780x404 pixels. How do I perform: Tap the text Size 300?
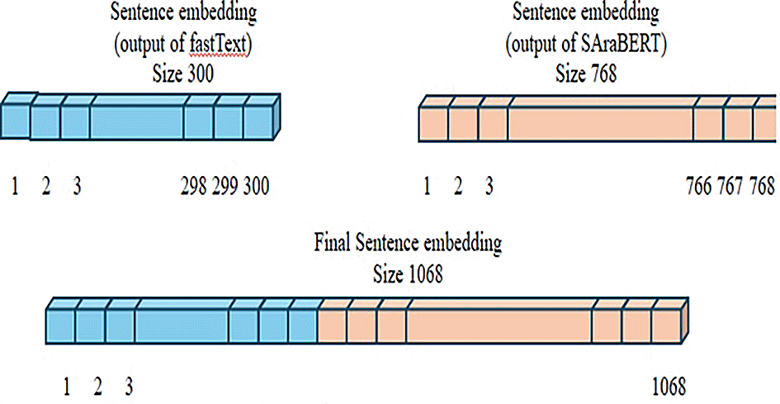pos(183,74)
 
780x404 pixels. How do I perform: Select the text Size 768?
pos(587,74)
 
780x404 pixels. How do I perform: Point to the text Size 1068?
pos(408,274)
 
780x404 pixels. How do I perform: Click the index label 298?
pos(194,187)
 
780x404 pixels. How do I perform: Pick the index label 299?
pos(225,187)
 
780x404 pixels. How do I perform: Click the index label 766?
pos(702,187)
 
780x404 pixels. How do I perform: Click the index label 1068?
pos(669,386)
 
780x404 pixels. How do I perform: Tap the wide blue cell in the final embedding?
pos(182,326)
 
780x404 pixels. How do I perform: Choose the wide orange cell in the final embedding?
pos(499,326)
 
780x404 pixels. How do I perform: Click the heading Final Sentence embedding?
pos(408,245)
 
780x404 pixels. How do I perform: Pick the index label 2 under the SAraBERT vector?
pos(458,187)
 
